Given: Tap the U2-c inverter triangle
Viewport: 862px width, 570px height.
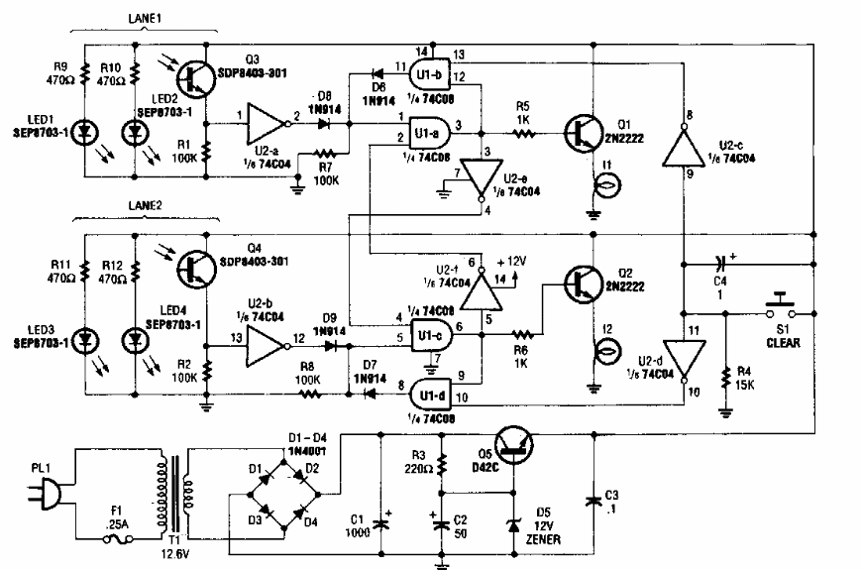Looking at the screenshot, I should click(685, 150).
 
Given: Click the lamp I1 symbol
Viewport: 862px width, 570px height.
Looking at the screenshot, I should click(599, 184).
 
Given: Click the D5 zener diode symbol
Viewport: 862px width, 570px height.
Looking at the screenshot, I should click(515, 525).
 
